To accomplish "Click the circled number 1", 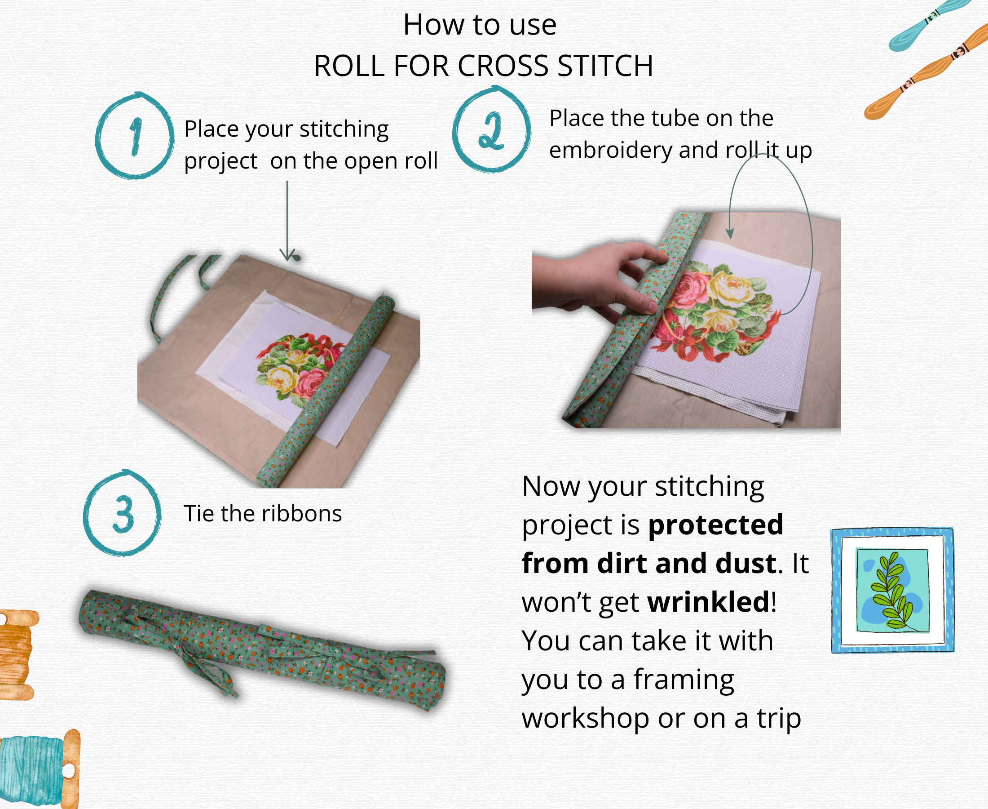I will click(135, 136).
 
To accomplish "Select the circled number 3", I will click(123, 513).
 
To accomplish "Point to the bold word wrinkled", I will click(708, 602).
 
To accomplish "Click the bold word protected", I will click(715, 525).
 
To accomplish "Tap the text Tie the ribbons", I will click(263, 514).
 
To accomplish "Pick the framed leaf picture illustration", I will click(892, 591).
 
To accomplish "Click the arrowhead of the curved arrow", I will click(730, 233).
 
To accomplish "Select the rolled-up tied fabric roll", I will click(261, 648).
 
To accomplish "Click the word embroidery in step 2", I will click(610, 150).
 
